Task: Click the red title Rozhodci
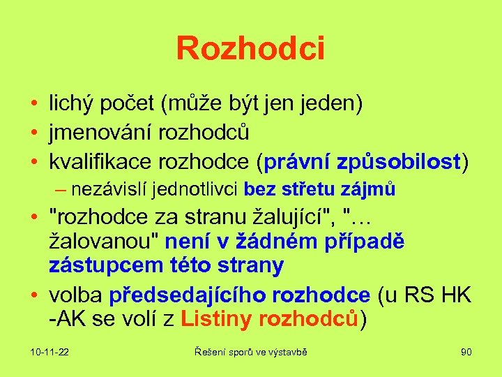(x=250, y=49)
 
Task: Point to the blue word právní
(x=297, y=161)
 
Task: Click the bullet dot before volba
(x=34, y=296)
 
